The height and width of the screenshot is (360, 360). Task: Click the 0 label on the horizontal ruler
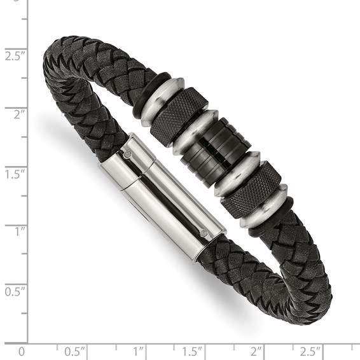(22, 351)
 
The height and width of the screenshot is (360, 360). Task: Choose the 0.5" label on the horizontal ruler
(76, 351)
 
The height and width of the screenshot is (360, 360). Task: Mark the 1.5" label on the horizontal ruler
(193, 351)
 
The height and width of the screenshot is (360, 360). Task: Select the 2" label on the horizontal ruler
(256, 351)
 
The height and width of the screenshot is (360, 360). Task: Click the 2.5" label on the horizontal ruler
(311, 351)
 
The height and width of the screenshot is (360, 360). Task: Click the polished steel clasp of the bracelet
(162, 191)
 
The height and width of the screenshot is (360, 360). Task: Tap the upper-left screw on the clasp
(128, 153)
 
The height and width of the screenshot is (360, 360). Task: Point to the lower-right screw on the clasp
(204, 233)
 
